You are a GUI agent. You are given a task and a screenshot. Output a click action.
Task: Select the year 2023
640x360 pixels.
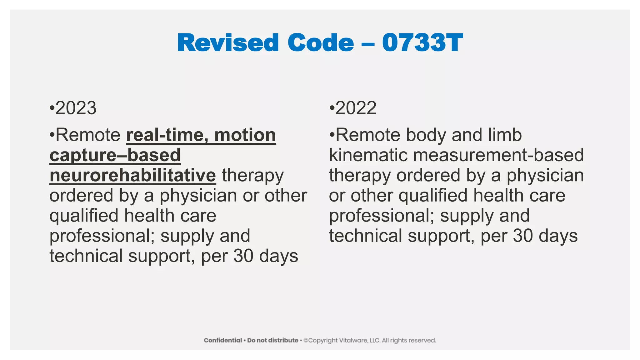pyautogui.click(x=76, y=108)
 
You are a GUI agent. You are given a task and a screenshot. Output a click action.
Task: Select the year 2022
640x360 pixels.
pyautogui.click(x=356, y=108)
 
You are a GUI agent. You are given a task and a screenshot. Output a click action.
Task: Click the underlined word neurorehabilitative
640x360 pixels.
pyautogui.click(x=133, y=175)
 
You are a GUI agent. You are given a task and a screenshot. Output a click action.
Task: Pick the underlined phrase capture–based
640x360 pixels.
pyautogui.click(x=115, y=155)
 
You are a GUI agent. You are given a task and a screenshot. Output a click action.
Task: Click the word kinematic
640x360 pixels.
pyautogui.click(x=368, y=155)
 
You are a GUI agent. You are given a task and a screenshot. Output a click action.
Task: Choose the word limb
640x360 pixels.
pyautogui.click(x=507, y=135)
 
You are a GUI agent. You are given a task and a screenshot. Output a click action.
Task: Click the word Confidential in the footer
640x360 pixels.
pyautogui.click(x=223, y=340)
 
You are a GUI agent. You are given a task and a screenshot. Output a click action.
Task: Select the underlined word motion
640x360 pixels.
pyautogui.click(x=245, y=135)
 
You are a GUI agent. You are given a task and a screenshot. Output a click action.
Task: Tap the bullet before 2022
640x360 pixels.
pyautogui.click(x=332, y=108)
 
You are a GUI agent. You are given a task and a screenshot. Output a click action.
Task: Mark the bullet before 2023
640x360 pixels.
pyautogui.click(x=52, y=108)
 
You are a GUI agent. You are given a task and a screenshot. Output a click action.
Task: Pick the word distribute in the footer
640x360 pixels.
pyautogui.click(x=283, y=340)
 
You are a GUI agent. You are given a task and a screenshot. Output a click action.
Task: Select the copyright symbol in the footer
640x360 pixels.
pyautogui.click(x=306, y=340)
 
